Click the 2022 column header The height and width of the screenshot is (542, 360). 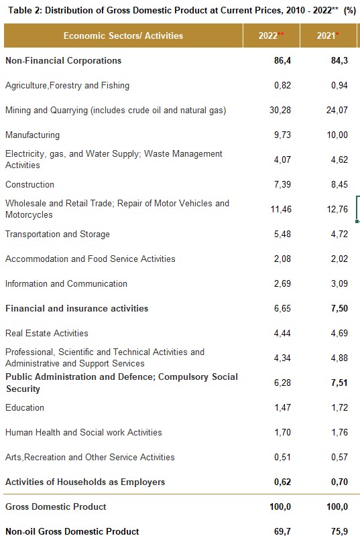point(271,36)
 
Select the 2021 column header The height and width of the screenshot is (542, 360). point(328,36)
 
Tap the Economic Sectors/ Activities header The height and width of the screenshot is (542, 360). point(123,36)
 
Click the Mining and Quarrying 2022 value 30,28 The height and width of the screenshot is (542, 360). point(280,111)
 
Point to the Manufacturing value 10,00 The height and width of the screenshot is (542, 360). point(337,135)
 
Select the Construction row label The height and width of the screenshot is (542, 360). point(29,185)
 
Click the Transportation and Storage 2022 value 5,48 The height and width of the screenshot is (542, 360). point(282,234)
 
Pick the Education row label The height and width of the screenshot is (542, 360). point(25,407)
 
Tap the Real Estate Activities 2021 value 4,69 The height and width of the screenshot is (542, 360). point(339,333)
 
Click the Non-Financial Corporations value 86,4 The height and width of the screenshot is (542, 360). point(282,61)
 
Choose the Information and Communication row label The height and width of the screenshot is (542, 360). point(66,284)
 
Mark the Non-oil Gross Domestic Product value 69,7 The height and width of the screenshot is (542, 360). point(282,531)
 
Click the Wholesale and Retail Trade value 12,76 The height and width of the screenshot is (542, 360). point(337,210)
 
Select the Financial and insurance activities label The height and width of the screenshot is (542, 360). point(77,308)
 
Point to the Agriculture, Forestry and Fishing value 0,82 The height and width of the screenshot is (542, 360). point(282,86)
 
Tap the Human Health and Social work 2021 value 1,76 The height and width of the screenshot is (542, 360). point(339,432)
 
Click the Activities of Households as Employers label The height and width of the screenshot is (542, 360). point(85,482)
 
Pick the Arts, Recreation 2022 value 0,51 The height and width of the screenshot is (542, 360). point(282,458)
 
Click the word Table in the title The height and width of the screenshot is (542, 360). point(20,10)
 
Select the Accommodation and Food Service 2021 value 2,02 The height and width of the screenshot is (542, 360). point(339,259)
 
